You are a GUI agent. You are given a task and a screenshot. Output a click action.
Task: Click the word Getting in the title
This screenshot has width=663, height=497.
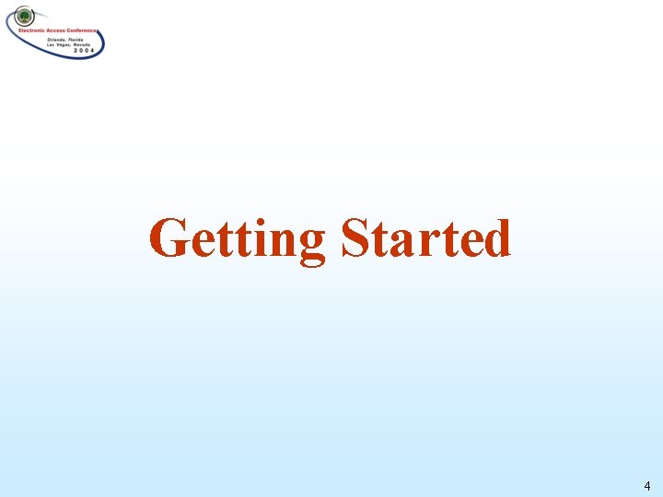click(x=237, y=239)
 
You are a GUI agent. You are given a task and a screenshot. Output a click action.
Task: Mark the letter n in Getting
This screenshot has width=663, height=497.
click(x=284, y=241)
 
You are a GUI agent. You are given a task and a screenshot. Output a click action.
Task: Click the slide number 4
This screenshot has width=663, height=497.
click(x=647, y=485)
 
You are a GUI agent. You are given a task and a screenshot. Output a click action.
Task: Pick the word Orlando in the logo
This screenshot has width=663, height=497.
click(x=56, y=39)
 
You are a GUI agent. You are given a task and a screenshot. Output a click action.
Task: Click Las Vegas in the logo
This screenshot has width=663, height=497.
click(x=58, y=44)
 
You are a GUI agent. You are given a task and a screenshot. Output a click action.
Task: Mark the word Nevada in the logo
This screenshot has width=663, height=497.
click(x=83, y=44)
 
